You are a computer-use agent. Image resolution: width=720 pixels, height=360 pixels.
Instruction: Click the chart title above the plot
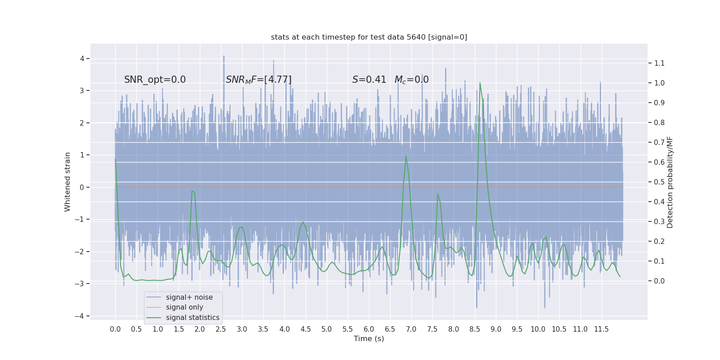(x=369, y=37)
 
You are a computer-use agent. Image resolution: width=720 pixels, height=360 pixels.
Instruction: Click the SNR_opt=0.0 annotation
(x=155, y=80)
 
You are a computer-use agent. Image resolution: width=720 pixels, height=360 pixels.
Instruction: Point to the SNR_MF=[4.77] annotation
(x=259, y=80)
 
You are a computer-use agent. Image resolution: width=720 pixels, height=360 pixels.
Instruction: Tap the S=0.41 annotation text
(x=369, y=80)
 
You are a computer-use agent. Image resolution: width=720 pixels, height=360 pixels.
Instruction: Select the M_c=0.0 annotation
(x=411, y=80)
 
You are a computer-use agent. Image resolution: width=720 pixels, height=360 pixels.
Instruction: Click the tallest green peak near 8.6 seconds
(x=480, y=83)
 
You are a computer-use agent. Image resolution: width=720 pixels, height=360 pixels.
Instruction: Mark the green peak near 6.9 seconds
(x=406, y=156)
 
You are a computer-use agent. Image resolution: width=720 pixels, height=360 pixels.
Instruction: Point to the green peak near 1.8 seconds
(x=192, y=191)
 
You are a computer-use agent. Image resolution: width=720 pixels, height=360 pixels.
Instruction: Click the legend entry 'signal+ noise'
(x=189, y=297)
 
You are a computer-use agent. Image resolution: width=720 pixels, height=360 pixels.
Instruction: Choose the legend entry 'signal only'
(x=184, y=307)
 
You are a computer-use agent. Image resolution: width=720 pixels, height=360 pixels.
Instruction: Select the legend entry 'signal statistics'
(x=193, y=318)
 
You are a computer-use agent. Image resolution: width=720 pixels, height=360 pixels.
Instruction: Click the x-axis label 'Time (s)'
(x=369, y=339)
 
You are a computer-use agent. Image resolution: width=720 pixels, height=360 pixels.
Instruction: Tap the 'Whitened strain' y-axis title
(x=67, y=182)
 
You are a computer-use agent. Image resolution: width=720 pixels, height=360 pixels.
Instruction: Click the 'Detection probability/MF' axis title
(x=670, y=182)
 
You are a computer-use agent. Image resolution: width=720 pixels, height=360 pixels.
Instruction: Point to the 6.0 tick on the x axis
(x=369, y=329)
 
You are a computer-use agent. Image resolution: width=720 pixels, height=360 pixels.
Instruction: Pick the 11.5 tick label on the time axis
(x=601, y=329)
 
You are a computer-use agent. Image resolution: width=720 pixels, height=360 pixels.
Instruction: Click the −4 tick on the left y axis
(x=81, y=316)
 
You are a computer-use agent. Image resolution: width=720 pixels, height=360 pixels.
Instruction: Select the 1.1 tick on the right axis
(x=659, y=63)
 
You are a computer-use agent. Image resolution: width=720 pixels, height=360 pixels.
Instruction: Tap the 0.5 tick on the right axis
(x=659, y=182)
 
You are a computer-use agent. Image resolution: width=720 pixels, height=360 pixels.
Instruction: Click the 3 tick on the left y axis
(x=82, y=91)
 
